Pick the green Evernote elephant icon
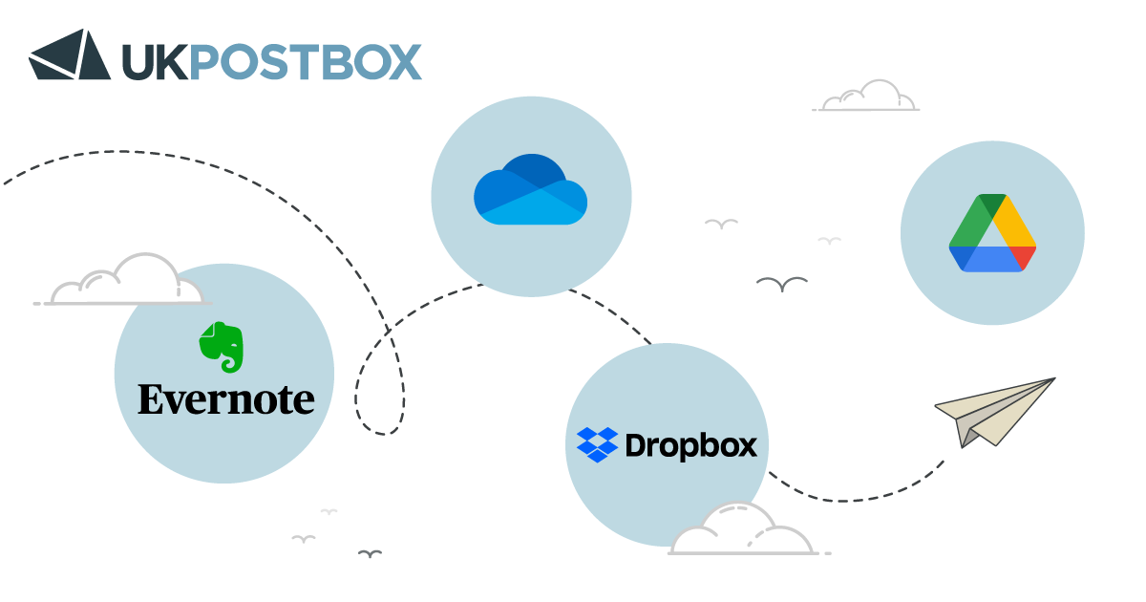(222, 346)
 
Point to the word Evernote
(225, 399)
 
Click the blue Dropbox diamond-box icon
(597, 445)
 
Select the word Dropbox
(690, 445)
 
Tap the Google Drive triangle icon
(992, 233)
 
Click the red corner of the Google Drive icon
(1023, 257)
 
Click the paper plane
(994, 412)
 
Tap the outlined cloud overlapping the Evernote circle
(124, 282)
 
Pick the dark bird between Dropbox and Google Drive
(781, 284)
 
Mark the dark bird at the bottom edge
(370, 553)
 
